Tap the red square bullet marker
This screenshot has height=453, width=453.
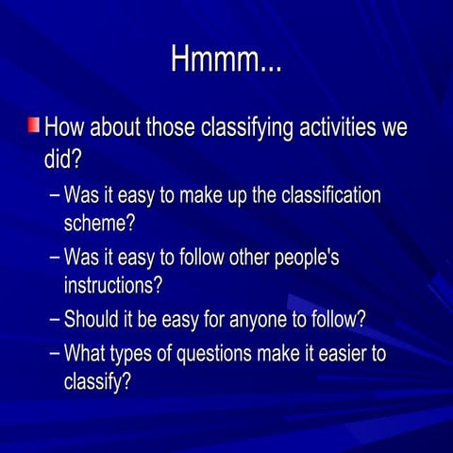33,126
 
